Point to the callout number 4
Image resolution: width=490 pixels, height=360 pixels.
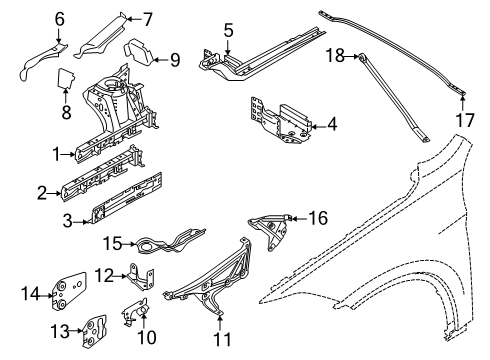pyautogui.click(x=332, y=125)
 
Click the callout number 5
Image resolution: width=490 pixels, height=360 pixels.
pyautogui.click(x=229, y=32)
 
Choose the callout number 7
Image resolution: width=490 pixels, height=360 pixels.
pyautogui.click(x=147, y=17)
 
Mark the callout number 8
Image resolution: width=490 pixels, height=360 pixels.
pyautogui.click(x=65, y=113)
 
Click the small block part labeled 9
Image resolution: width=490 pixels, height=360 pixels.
pyautogui.click(x=137, y=54)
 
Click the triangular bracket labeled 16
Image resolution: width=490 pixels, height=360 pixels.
pyautogui.click(x=267, y=233)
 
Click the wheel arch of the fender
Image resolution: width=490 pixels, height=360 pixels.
pyautogui.click(x=370, y=280)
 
